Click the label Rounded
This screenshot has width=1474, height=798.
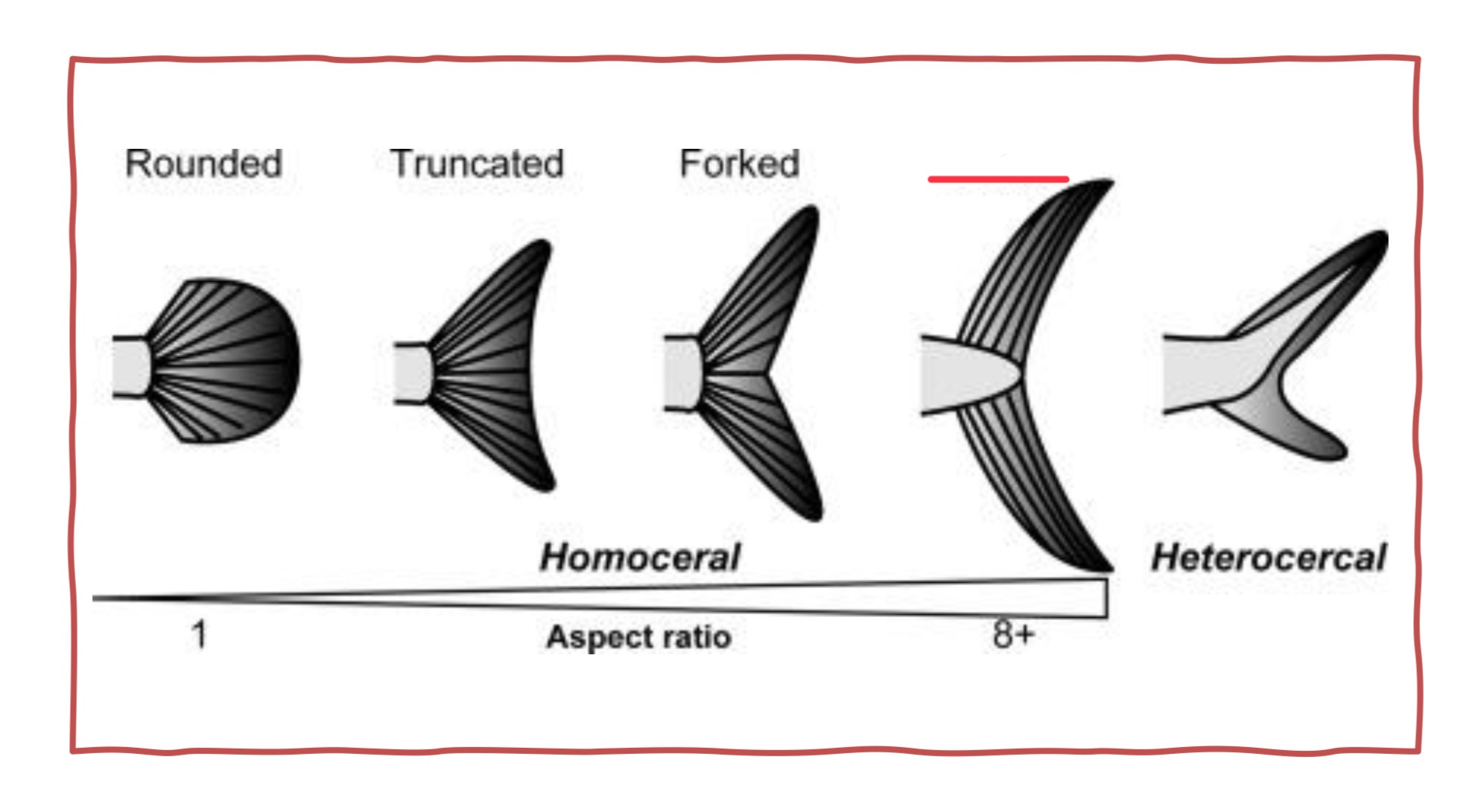203,164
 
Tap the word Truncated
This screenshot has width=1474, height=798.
477,164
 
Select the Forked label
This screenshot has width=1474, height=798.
739,164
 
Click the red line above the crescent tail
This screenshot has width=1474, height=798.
998,179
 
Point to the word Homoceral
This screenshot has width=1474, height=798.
640,558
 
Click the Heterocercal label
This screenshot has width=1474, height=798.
1269,558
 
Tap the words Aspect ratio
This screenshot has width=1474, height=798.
639,637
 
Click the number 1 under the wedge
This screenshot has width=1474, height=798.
199,634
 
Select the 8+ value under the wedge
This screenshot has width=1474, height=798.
1013,634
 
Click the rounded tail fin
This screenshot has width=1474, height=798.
228,361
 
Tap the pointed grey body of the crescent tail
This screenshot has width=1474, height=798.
966,375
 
